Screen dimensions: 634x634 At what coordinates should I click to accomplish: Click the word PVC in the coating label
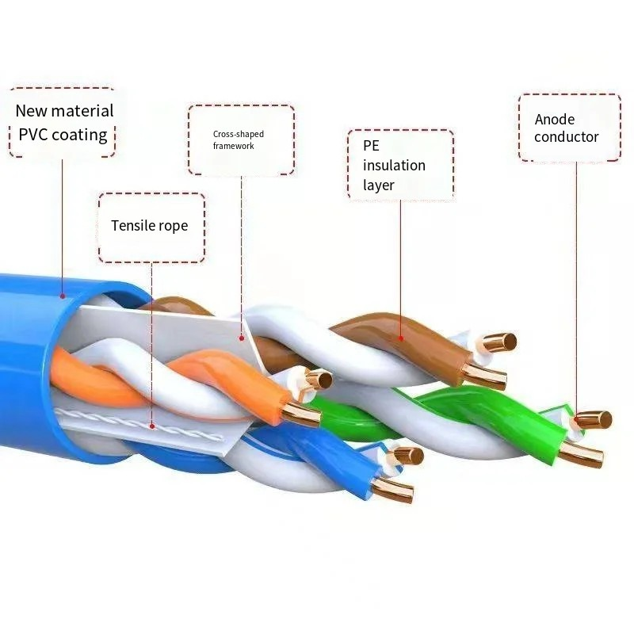point(33,134)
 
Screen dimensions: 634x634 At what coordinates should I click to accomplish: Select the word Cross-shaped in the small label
point(238,134)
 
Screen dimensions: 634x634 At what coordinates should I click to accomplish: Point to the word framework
point(234,146)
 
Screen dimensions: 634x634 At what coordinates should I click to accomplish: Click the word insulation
point(394,165)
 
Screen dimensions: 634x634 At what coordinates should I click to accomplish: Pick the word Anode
point(555,120)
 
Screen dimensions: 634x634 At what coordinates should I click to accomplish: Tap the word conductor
point(566,137)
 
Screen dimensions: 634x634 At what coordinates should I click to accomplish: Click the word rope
point(174,226)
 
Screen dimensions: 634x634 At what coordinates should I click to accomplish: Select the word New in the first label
point(32,111)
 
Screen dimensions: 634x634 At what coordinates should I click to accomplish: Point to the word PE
point(371,146)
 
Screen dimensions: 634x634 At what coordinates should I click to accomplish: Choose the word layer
point(379,185)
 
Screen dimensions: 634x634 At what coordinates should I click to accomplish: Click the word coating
point(79,134)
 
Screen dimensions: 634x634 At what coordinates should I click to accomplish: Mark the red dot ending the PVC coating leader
point(62,296)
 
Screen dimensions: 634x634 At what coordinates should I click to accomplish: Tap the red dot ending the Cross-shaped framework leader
point(242,338)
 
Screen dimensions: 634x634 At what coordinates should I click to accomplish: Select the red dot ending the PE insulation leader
point(400,338)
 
